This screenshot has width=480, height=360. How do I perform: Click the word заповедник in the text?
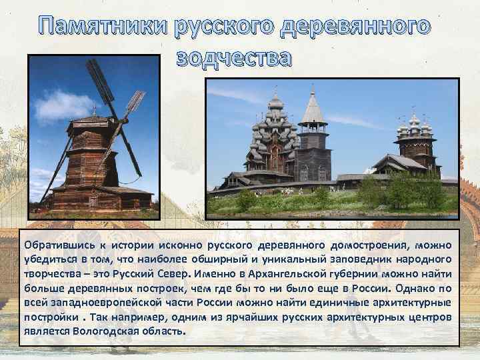click(x=359, y=259)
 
